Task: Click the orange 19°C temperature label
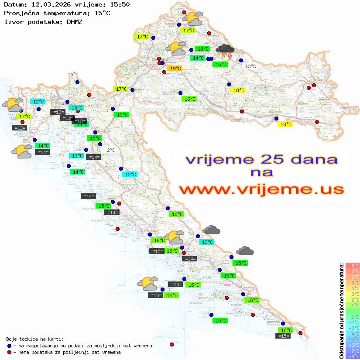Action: (x=175, y=69)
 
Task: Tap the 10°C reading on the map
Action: (x=73, y=75)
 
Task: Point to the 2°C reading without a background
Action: (x=111, y=150)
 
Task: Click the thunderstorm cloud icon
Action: (x=225, y=52)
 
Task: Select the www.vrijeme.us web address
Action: (x=261, y=189)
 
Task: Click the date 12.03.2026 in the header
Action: (x=51, y=5)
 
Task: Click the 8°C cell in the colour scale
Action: (x=352, y=265)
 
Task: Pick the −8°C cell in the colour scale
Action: (x=352, y=356)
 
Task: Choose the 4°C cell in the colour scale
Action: (x=352, y=288)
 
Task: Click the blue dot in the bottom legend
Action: (x=9, y=346)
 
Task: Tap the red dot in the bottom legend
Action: (x=9, y=352)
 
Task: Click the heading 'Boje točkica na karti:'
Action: (x=35, y=339)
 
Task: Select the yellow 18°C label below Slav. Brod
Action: (x=285, y=124)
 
